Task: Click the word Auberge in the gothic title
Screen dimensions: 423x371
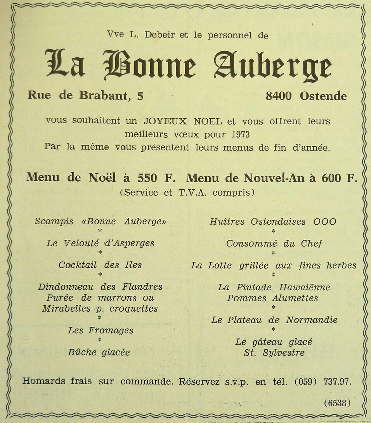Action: click(x=273, y=66)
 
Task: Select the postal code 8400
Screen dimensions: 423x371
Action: click(x=279, y=96)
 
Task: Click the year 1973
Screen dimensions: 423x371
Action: click(x=241, y=135)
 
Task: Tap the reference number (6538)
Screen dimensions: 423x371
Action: click(x=337, y=403)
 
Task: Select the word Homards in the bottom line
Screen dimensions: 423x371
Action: click(x=44, y=381)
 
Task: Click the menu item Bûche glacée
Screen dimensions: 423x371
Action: click(x=99, y=352)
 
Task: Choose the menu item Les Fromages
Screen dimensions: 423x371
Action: click(x=101, y=331)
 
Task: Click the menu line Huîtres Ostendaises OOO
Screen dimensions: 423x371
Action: click(x=273, y=222)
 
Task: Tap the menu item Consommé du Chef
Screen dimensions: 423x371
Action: click(x=274, y=243)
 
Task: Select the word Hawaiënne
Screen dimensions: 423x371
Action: click(x=305, y=287)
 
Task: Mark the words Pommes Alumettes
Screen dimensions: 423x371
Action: click(x=272, y=298)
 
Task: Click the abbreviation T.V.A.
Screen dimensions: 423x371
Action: click(x=192, y=193)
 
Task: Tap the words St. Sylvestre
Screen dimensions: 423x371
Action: click(x=274, y=353)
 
